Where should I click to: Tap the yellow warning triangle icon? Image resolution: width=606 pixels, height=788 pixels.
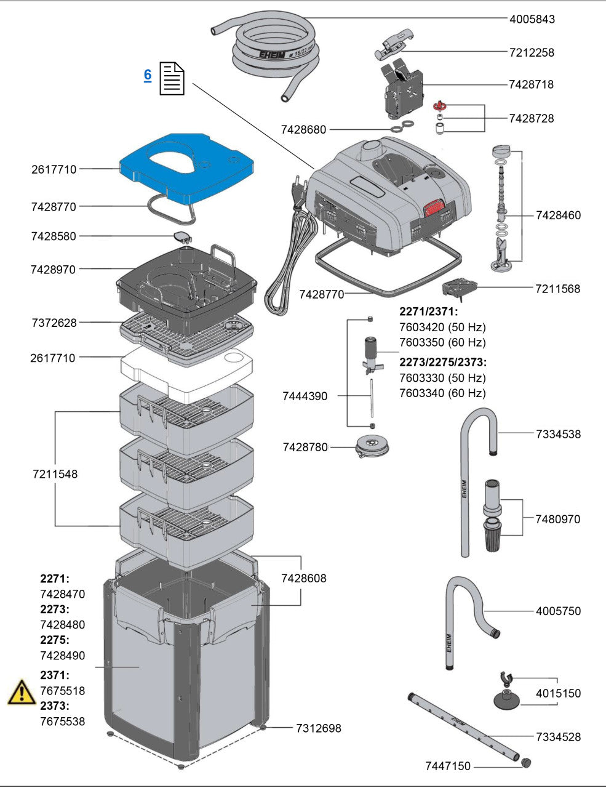[x=22, y=692]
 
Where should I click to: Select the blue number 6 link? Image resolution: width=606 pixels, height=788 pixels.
[x=148, y=75]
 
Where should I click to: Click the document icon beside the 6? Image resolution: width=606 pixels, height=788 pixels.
[x=172, y=79]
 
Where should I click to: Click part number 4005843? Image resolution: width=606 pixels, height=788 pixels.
[x=532, y=19]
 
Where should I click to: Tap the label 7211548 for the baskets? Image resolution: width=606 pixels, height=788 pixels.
[x=55, y=474]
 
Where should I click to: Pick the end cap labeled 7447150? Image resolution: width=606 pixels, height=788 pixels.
[x=526, y=763]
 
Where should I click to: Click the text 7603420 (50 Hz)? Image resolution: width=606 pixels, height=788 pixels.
[x=442, y=327]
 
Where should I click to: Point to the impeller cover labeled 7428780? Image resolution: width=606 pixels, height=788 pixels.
[x=372, y=446]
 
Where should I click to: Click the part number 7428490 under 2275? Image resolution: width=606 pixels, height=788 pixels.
[x=62, y=655]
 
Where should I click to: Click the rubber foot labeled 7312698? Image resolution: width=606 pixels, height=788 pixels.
[x=263, y=728]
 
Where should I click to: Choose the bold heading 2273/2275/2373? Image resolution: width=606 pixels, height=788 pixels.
[x=442, y=361]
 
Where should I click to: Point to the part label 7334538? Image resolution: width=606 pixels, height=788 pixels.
[x=557, y=434]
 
